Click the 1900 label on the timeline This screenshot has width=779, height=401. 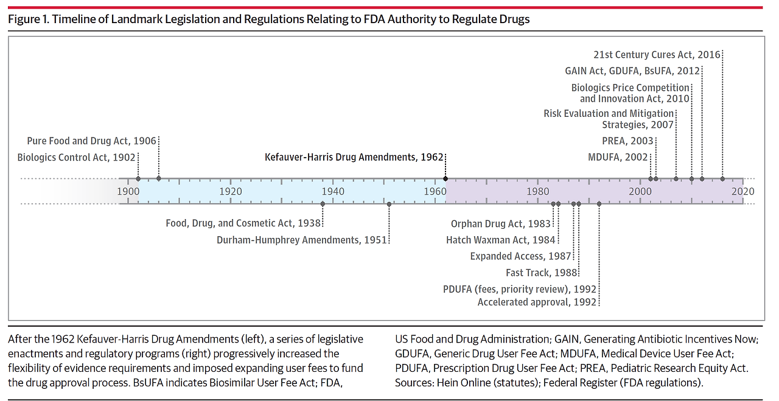tap(128, 191)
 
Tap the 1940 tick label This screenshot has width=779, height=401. tap(333, 191)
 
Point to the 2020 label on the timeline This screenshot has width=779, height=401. tap(743, 191)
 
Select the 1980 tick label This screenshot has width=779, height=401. tap(538, 191)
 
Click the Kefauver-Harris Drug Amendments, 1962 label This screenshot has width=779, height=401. tap(354, 157)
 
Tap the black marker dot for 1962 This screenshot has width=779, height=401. tap(445, 178)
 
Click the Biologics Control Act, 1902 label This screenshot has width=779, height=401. tap(75, 157)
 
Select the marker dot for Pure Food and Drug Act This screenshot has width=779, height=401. tap(159, 178)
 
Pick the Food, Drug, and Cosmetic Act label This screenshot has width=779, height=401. tap(243, 223)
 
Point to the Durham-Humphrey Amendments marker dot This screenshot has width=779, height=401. tap(389, 204)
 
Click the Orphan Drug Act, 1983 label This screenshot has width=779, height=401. tap(500, 224)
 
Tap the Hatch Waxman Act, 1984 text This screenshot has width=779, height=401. tap(500, 240)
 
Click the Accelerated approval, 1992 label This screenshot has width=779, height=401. tap(537, 302)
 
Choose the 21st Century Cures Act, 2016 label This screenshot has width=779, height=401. tap(657, 55)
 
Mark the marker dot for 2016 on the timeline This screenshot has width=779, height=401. tap(722, 178)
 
